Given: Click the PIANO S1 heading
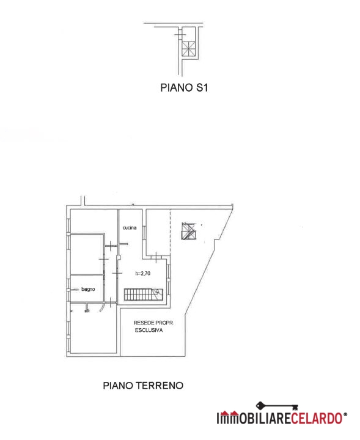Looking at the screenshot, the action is [184, 87].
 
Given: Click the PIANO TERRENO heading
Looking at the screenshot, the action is [143, 386].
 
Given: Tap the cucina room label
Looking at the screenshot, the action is [130, 227].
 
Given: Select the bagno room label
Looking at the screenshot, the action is [88, 289].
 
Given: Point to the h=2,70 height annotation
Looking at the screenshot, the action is [143, 273].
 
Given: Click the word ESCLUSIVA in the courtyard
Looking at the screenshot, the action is [149, 330].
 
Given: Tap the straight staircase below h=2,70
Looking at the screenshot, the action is [143, 295].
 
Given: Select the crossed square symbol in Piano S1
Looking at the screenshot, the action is [188, 48].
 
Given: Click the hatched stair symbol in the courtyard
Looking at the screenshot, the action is [189, 231].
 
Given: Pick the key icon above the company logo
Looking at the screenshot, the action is [277, 406].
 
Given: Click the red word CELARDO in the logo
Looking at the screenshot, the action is [317, 418].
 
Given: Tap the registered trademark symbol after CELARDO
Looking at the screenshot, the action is [345, 414].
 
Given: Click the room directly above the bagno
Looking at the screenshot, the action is [87, 254].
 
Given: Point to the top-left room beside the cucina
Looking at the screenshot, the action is [94, 221].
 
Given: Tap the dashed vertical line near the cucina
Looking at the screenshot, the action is [170, 233].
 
